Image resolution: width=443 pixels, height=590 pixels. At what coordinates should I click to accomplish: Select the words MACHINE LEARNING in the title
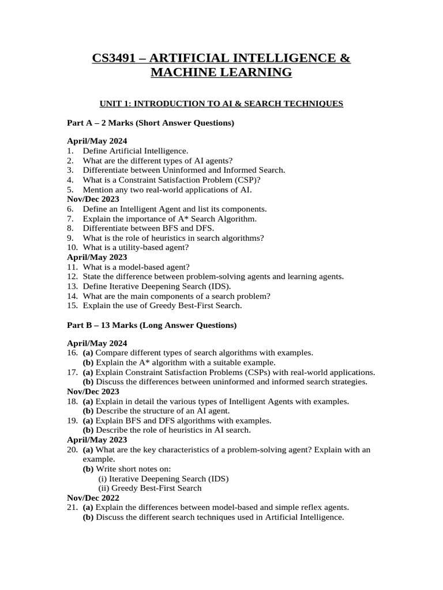[x=221, y=73]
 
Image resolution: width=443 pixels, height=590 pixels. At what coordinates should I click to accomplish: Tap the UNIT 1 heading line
[x=221, y=104]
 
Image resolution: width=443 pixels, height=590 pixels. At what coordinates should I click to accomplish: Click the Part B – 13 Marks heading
[x=152, y=325]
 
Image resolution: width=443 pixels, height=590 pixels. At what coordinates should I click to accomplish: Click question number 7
[x=70, y=219]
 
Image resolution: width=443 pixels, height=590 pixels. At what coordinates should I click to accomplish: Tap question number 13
[x=72, y=286]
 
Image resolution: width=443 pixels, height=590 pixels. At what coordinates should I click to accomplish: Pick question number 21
[x=72, y=508]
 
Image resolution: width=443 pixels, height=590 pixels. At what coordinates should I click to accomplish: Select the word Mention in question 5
[x=98, y=189]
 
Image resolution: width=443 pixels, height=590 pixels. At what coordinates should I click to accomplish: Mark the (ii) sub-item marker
[x=104, y=488]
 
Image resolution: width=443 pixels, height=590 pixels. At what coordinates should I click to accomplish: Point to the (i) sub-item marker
[x=103, y=478]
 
